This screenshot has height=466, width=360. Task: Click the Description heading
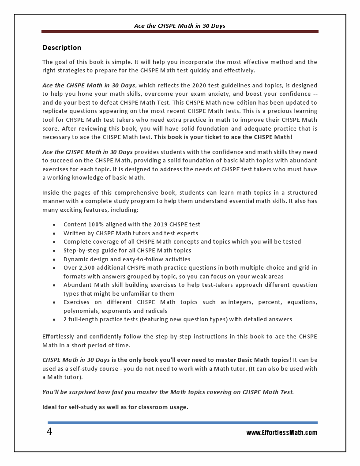[x=62, y=48]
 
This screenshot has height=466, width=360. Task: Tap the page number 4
[x=49, y=432]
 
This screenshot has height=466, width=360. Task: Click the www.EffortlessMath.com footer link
[x=281, y=433]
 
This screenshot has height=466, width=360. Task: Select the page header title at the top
[x=180, y=26]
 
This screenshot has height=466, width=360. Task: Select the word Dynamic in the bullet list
[x=76, y=259]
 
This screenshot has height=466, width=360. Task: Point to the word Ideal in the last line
[x=50, y=407]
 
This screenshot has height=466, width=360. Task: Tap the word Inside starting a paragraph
[x=51, y=193]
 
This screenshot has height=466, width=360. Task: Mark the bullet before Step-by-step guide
[x=54, y=251]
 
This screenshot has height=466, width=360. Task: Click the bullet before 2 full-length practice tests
[x=54, y=319]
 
